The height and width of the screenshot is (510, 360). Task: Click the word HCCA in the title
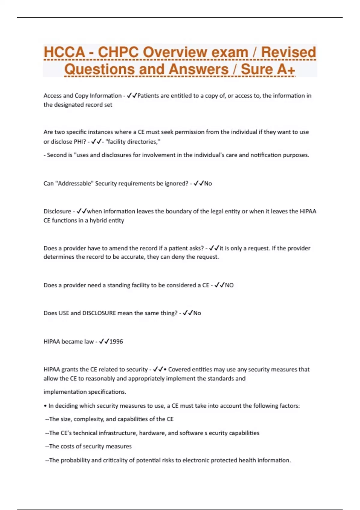pos(64,52)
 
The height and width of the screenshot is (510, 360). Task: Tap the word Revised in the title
pos(288,52)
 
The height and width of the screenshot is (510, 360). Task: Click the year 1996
pos(116,341)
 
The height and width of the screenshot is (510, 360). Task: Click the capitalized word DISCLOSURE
pos(99,313)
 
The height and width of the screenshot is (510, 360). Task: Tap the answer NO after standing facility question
pos(229,285)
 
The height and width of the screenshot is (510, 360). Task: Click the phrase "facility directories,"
pos(133,142)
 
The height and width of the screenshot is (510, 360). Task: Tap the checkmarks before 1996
pos(104,341)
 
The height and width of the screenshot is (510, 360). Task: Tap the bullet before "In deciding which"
pos(45,406)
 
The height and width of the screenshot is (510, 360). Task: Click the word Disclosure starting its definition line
pos(57,211)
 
